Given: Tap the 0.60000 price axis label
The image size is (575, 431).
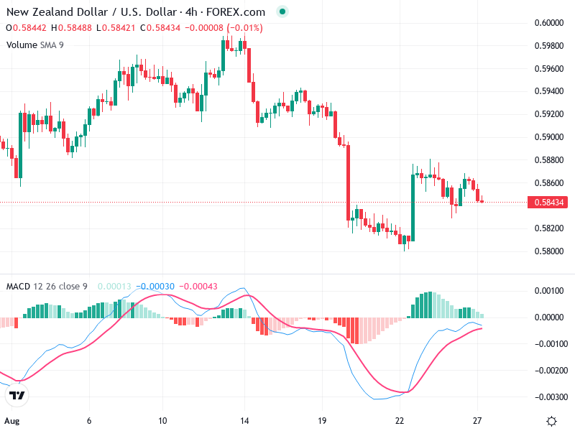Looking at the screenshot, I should [549, 23].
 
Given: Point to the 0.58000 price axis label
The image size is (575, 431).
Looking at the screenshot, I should [549, 251].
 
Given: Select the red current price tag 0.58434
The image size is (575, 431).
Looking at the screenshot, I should [549, 203].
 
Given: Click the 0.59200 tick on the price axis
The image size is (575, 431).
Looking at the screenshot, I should [549, 114].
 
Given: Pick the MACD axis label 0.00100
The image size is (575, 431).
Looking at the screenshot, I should [549, 291].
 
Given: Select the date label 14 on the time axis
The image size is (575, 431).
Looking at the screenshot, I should [244, 421].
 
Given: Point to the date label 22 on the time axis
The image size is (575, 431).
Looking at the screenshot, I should [400, 421].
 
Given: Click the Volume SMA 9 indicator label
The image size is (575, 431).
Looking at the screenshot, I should [35, 45].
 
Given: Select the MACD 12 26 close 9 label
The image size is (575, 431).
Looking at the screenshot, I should [47, 287].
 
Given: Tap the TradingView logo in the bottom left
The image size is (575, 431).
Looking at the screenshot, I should [17, 396].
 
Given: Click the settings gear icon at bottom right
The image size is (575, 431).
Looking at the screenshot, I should [551, 421].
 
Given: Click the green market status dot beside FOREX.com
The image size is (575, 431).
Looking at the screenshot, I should [282, 12].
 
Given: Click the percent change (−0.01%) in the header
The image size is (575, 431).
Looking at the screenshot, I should [245, 28].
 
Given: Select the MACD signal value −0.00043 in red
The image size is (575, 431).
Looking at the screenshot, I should [198, 287].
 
